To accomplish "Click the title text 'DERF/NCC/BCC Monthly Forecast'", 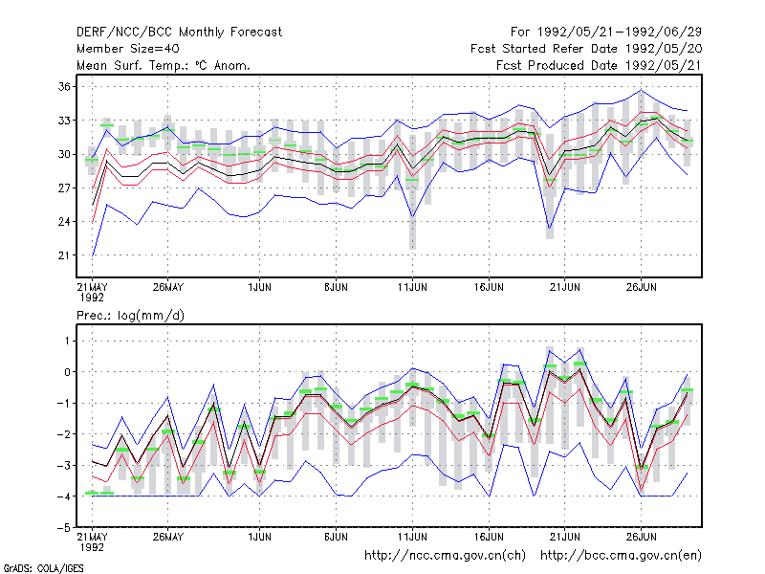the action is (179, 33).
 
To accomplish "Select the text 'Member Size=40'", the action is (128, 49).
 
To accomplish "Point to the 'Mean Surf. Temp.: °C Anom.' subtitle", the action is (164, 65).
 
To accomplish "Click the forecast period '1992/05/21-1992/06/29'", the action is (620, 33).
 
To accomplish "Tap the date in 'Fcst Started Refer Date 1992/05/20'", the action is (664, 49).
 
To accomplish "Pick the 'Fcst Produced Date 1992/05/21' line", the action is (600, 65).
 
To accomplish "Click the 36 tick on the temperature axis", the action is (64, 87).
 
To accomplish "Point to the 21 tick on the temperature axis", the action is (64, 255).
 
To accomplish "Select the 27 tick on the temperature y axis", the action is (64, 188).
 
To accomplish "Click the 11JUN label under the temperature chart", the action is (412, 287).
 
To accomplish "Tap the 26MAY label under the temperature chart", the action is (168, 287).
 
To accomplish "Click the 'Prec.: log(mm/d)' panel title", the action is (130, 316).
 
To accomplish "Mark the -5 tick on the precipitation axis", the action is (63, 528).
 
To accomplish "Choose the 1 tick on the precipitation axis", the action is (67, 341).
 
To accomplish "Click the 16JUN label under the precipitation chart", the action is (489, 537).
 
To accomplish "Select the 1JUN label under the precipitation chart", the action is (259, 537).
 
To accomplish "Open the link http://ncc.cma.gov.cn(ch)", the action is (445, 556).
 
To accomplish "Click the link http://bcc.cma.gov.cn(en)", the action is (621, 556).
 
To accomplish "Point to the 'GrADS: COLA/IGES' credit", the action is (43, 568).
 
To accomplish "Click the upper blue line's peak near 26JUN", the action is (641, 90).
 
